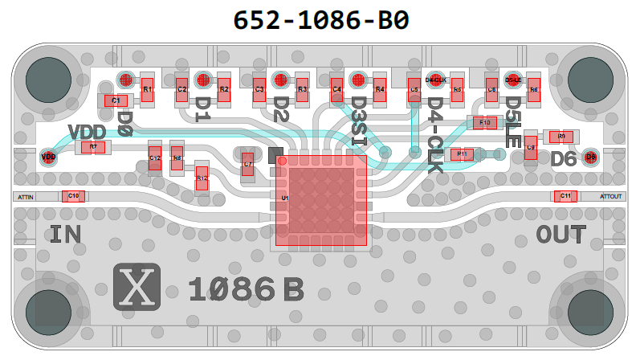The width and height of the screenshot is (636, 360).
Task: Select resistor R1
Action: [x=147, y=89]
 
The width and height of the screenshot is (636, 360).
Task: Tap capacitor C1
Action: [x=116, y=100]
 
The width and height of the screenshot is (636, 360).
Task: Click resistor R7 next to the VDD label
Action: [x=93, y=147]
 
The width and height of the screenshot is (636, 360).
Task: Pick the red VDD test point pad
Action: [x=49, y=157]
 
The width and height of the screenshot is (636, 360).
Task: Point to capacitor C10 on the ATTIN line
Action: [x=73, y=196]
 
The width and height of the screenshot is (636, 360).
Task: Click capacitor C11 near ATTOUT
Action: [x=565, y=196]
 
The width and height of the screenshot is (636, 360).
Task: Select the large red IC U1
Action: [x=321, y=200]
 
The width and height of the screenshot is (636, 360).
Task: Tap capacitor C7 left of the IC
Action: [x=248, y=164]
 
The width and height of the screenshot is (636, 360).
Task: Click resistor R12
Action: [x=202, y=178]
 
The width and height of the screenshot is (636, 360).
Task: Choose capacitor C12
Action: [x=155, y=157]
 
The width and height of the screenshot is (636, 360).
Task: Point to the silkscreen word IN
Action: [x=67, y=235]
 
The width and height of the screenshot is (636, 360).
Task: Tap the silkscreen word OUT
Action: [x=561, y=235]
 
